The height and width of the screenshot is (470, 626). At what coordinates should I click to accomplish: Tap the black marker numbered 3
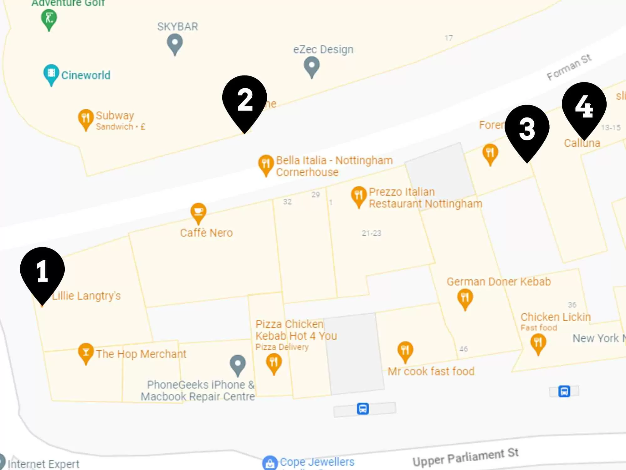point(527,129)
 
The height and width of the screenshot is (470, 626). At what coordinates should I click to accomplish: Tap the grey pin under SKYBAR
point(175,43)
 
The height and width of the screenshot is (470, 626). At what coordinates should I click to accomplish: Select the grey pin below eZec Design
point(312,66)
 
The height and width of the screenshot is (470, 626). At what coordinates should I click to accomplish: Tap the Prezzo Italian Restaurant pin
point(359,196)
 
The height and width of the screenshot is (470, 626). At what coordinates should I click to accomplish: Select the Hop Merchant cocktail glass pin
point(85,352)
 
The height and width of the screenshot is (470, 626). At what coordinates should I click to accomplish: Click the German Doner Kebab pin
point(465,298)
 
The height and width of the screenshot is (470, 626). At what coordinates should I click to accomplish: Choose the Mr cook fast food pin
point(405,350)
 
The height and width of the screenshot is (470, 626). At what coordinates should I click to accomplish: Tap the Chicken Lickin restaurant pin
point(538,342)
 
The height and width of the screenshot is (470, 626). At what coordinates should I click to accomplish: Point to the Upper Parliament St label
point(465,457)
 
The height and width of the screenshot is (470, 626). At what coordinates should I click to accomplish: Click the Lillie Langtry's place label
point(86,296)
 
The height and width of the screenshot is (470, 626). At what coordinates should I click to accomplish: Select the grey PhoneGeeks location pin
point(238,364)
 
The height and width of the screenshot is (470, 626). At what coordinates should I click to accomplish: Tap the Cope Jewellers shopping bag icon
point(270,463)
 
